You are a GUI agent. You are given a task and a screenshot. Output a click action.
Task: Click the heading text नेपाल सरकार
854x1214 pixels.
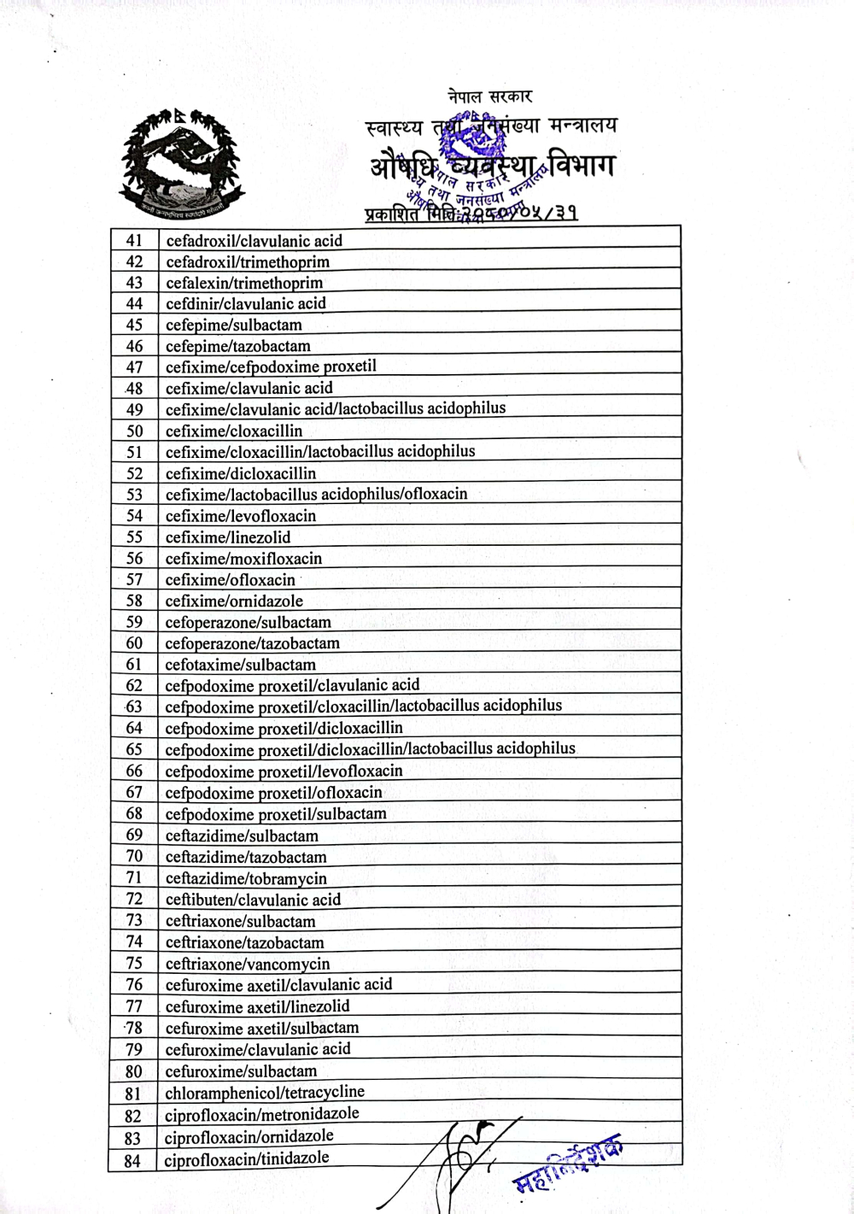(x=489, y=97)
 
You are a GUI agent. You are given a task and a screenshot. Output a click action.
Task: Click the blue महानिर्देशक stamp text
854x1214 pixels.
(x=568, y=1165)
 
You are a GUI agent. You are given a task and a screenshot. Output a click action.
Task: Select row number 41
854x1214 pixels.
(x=134, y=241)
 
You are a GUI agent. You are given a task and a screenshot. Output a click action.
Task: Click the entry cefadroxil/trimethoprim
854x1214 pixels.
(x=248, y=262)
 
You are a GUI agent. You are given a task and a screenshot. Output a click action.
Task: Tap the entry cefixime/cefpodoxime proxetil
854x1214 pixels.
(x=271, y=367)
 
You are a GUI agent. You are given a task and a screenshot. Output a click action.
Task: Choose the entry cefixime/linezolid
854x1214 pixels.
(x=228, y=537)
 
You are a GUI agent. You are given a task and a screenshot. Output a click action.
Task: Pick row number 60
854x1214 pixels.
(x=134, y=643)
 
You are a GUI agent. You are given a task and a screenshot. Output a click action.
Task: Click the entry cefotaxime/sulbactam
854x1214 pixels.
(x=240, y=665)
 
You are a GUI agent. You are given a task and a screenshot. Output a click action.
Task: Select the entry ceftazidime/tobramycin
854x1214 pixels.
(x=246, y=878)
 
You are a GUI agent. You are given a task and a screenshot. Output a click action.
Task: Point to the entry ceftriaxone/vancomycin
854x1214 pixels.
(x=248, y=964)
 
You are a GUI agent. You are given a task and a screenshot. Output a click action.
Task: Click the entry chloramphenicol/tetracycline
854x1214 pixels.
(x=265, y=1092)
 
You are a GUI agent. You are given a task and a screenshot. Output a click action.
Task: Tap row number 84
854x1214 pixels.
(x=132, y=1160)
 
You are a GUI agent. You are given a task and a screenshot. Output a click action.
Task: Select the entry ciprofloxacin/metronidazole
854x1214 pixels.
(x=261, y=1114)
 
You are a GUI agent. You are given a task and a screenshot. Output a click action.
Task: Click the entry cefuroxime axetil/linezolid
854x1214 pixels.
(x=257, y=1006)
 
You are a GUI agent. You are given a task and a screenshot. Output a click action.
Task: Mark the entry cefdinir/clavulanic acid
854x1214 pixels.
(x=246, y=304)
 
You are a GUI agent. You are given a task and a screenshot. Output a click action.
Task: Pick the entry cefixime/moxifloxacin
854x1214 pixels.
(x=243, y=559)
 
